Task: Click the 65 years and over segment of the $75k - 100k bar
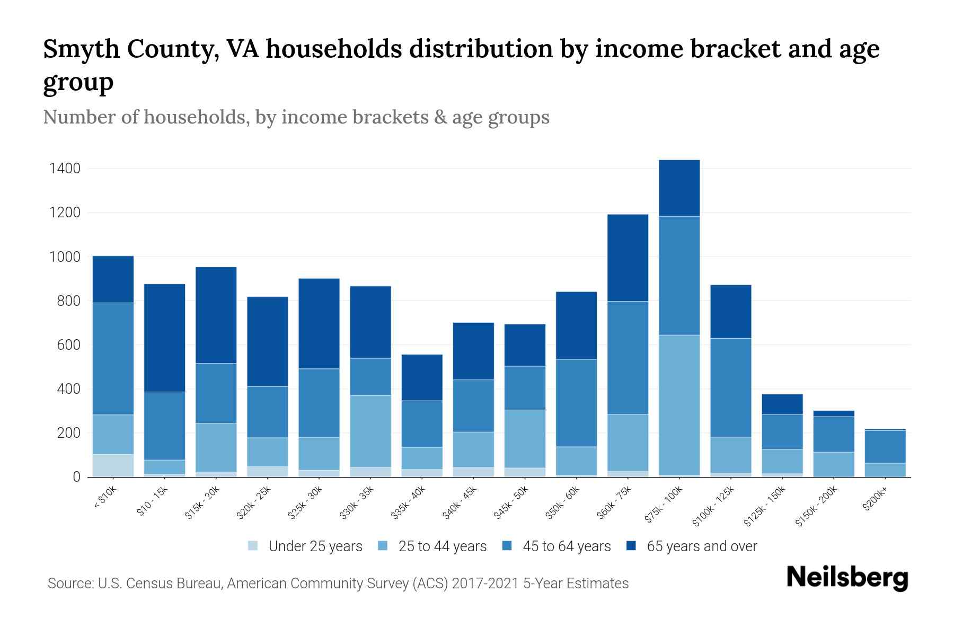pos(679,188)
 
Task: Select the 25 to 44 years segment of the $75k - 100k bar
pos(679,405)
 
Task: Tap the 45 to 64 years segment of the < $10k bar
pos(113,359)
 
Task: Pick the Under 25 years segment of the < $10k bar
pos(113,465)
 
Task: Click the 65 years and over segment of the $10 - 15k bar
pos(165,338)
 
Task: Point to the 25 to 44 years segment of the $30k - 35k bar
pos(370,431)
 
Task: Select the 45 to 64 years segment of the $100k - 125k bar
pos(730,387)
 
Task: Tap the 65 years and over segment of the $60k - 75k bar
pos(628,258)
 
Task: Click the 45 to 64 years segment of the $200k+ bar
pos(885,447)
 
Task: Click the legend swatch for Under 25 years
pos(253,546)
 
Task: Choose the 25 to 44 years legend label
pos(442,546)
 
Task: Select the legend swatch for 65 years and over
pos(631,546)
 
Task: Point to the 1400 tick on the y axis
pos(65,169)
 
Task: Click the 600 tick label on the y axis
pos(69,345)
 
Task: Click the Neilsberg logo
pos(847,577)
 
